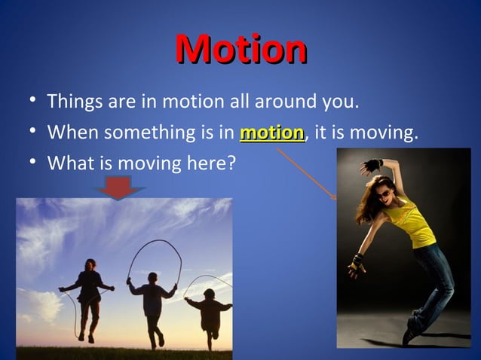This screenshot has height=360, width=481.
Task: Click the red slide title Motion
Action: coord(240,49)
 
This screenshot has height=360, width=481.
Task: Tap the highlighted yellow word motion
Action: coord(271,133)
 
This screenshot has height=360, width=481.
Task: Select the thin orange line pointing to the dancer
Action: coord(305,172)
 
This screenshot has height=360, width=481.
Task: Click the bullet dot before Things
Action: coord(27,101)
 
